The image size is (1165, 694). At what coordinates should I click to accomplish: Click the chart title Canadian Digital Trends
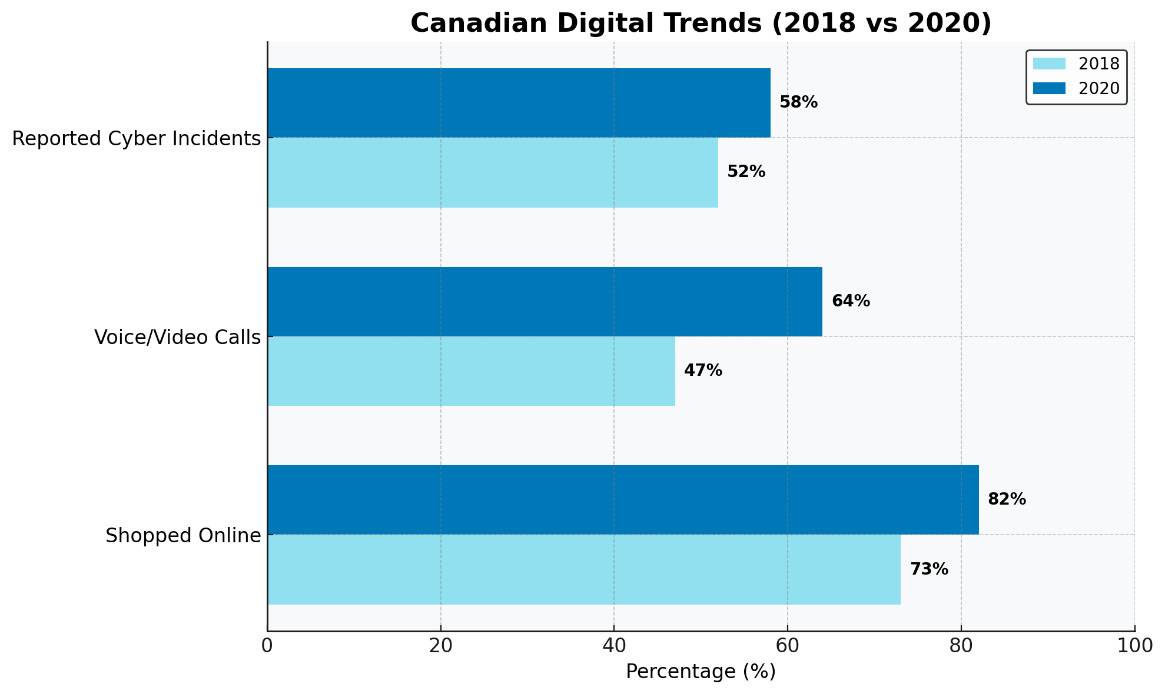(x=701, y=24)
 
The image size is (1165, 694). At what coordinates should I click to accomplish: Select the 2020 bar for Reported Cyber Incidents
(x=519, y=103)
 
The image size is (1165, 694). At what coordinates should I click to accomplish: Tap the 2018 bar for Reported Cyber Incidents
(x=493, y=172)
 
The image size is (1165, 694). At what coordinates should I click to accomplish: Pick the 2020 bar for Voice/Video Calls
(x=545, y=301)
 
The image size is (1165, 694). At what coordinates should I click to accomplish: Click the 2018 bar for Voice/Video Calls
(x=471, y=371)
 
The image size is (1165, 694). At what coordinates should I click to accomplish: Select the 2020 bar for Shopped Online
(x=623, y=499)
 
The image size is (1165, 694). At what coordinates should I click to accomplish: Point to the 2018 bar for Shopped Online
(x=584, y=569)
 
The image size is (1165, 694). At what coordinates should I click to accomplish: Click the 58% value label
(x=798, y=102)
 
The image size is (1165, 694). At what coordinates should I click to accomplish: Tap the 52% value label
(x=746, y=172)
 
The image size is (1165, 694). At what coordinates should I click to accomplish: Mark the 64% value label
(x=850, y=301)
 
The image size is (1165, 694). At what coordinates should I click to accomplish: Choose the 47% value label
(x=703, y=371)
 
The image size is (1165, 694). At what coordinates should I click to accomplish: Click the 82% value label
(x=1007, y=499)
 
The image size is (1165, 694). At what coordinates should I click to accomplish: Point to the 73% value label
(x=929, y=569)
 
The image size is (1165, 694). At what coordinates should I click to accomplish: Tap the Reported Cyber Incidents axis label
(x=136, y=139)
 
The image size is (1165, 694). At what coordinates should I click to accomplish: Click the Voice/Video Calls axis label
(x=177, y=338)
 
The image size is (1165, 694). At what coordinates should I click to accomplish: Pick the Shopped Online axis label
(x=183, y=536)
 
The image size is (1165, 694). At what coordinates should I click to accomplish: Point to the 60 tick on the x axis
(x=788, y=646)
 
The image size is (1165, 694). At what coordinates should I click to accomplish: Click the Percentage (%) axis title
(x=701, y=672)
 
